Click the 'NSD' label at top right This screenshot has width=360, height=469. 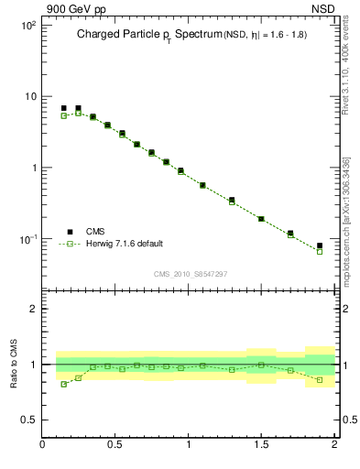322,8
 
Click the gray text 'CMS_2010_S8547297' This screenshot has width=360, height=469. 190,274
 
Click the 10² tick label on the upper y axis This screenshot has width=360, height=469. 27,26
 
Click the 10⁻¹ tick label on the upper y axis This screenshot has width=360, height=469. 27,239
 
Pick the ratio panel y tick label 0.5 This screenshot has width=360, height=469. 28,420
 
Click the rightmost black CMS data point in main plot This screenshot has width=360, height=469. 320,245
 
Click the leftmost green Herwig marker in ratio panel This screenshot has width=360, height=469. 63,384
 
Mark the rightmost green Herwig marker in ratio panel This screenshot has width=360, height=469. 320,379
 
